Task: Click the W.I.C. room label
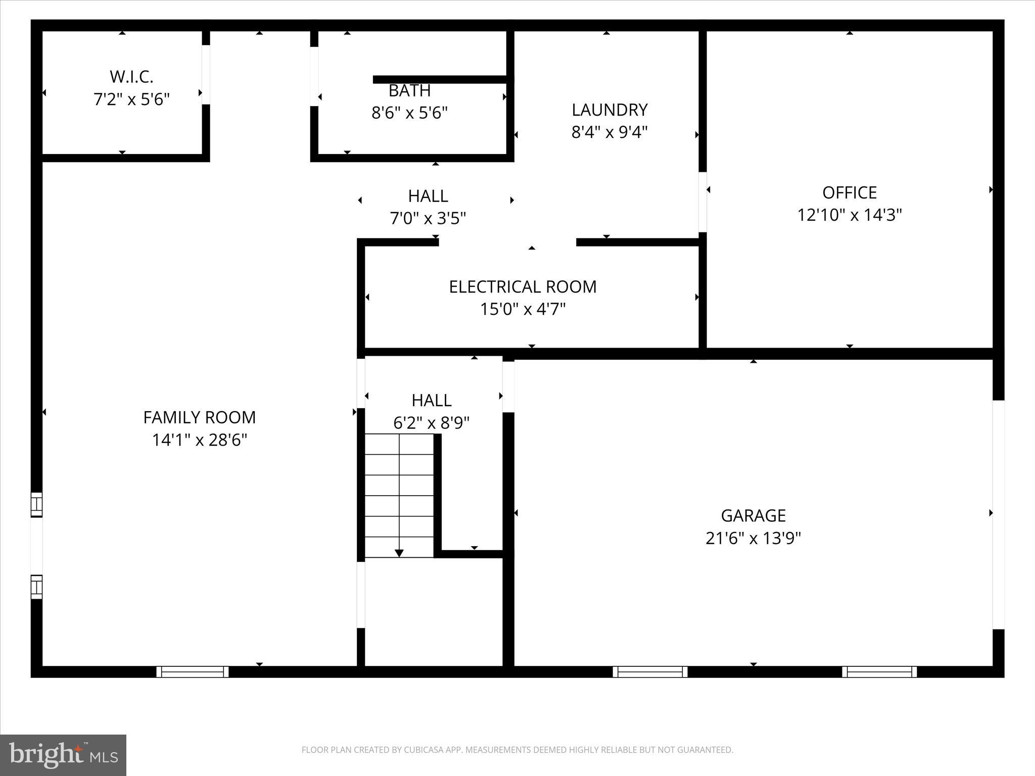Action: pyautogui.click(x=131, y=77)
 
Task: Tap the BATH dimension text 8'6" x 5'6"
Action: pyautogui.click(x=409, y=113)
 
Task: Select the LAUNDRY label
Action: pyautogui.click(x=609, y=110)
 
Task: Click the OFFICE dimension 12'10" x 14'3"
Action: pyautogui.click(x=849, y=215)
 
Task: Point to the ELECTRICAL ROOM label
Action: pyautogui.click(x=523, y=286)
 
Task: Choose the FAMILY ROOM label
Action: pyautogui.click(x=199, y=417)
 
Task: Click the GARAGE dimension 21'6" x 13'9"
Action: pyautogui.click(x=753, y=538)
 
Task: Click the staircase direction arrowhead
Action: pyautogui.click(x=399, y=553)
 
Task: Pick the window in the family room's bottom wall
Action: pyautogui.click(x=192, y=671)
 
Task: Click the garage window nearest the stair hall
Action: pyautogui.click(x=650, y=671)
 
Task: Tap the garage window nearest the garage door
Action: pyautogui.click(x=879, y=671)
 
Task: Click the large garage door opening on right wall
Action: pyautogui.click(x=998, y=514)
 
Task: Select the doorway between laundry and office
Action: pyautogui.click(x=702, y=202)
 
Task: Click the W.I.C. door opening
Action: pyautogui.click(x=206, y=75)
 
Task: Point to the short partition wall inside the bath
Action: pyautogui.click(x=440, y=79)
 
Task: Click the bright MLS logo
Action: pyautogui.click(x=63, y=755)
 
